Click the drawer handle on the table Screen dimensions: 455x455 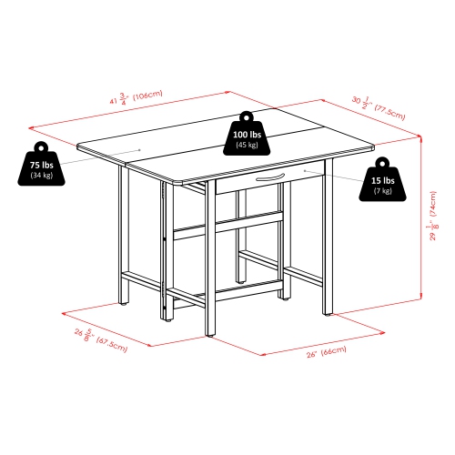[270, 177]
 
